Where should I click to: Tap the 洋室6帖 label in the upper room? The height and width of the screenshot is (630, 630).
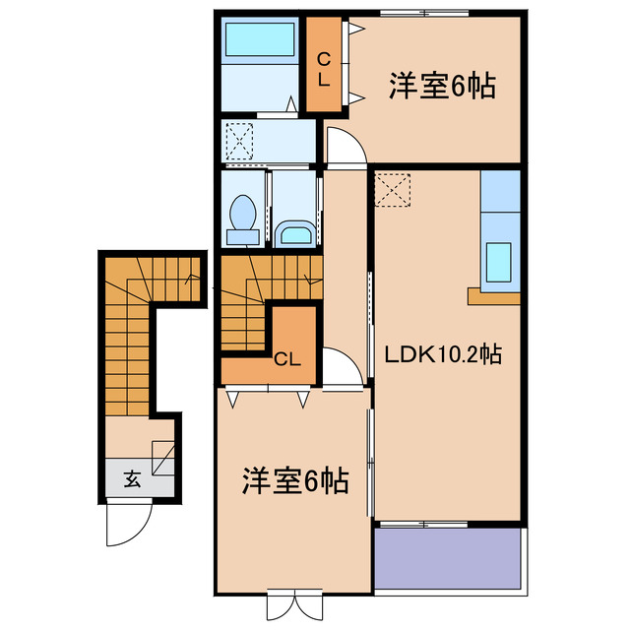tap(440, 87)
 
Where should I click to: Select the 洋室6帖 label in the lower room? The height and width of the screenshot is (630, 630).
tap(293, 482)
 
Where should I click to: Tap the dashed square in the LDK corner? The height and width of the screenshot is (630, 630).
tap(391, 188)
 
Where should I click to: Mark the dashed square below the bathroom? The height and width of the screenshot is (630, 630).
tap(239, 139)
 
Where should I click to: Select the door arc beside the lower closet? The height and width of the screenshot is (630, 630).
tap(341, 366)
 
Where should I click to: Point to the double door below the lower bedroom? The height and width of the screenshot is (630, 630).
tap(294, 601)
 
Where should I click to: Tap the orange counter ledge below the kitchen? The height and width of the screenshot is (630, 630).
tap(493, 295)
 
